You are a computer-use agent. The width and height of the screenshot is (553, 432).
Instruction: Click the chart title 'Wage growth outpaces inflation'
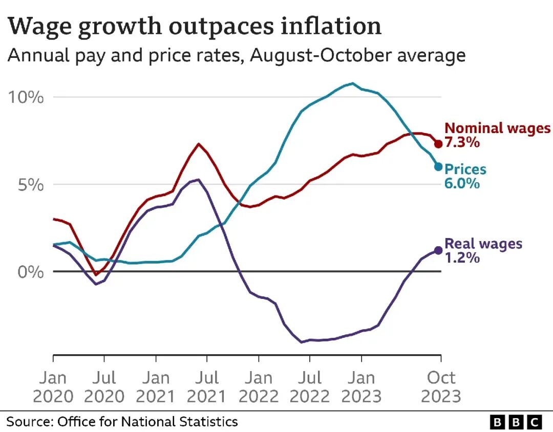[195, 26]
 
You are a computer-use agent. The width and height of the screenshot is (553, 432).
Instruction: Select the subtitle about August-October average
[236, 55]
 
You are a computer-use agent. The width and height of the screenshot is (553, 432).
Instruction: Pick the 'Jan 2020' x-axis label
[53, 387]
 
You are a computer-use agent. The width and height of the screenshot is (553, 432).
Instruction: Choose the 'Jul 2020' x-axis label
[104, 387]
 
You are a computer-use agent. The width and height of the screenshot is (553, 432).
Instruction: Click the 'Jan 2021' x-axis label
[156, 387]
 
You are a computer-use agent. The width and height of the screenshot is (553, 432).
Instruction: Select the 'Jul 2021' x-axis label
[207, 387]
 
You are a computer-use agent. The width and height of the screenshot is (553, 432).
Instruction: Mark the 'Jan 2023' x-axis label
[361, 387]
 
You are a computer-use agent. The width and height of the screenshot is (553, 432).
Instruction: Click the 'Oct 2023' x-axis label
[441, 387]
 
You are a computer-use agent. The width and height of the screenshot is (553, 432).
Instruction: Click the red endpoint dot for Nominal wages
[438, 144]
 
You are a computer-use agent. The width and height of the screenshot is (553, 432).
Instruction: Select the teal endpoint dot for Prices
[438, 166]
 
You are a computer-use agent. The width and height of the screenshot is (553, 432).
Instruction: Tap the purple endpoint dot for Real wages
[438, 250]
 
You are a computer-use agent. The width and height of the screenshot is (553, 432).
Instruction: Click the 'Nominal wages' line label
[497, 128]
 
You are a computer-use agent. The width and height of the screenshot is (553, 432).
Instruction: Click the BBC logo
[516, 422]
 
